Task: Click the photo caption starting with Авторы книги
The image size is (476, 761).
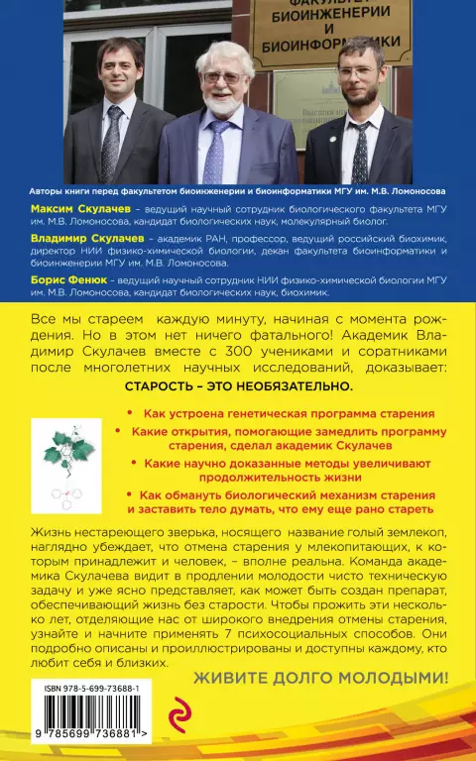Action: click(x=237, y=191)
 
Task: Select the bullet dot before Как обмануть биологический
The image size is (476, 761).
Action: click(x=131, y=493)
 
